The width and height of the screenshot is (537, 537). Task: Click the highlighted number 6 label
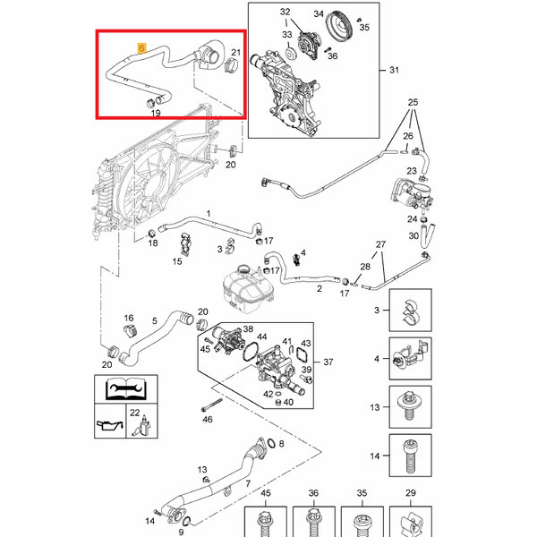[x=140, y=45]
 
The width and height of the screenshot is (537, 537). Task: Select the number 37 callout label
[x=328, y=362]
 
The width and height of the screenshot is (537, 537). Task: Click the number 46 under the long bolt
[x=208, y=418]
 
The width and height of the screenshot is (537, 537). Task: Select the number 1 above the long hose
[x=208, y=214]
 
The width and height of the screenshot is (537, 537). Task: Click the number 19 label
[x=155, y=114]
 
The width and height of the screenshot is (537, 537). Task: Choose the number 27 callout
[x=379, y=244]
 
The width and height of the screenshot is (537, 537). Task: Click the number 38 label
[x=248, y=329]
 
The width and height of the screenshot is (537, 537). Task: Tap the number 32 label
[x=285, y=12]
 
